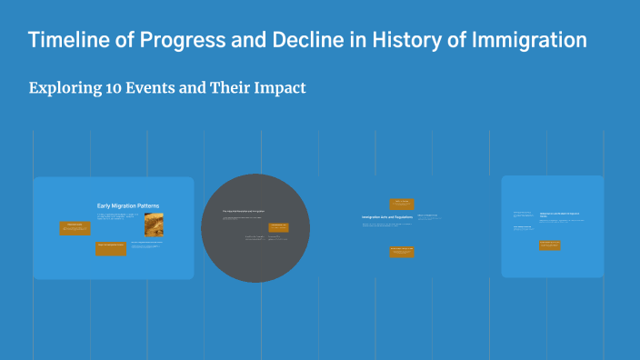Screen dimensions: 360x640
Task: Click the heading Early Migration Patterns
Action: click(x=129, y=205)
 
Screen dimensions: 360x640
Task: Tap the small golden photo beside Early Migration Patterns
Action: click(x=153, y=225)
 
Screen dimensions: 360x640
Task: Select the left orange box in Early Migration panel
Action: click(x=75, y=228)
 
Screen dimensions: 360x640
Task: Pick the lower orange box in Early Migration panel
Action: click(x=111, y=248)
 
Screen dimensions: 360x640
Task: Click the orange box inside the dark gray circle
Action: click(x=278, y=227)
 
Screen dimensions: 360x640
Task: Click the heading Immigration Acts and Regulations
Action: click(x=387, y=217)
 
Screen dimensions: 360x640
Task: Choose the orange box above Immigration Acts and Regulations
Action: click(x=402, y=205)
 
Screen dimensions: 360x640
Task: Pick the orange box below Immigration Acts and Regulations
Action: click(x=402, y=252)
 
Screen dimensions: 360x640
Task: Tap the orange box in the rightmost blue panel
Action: click(x=549, y=245)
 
